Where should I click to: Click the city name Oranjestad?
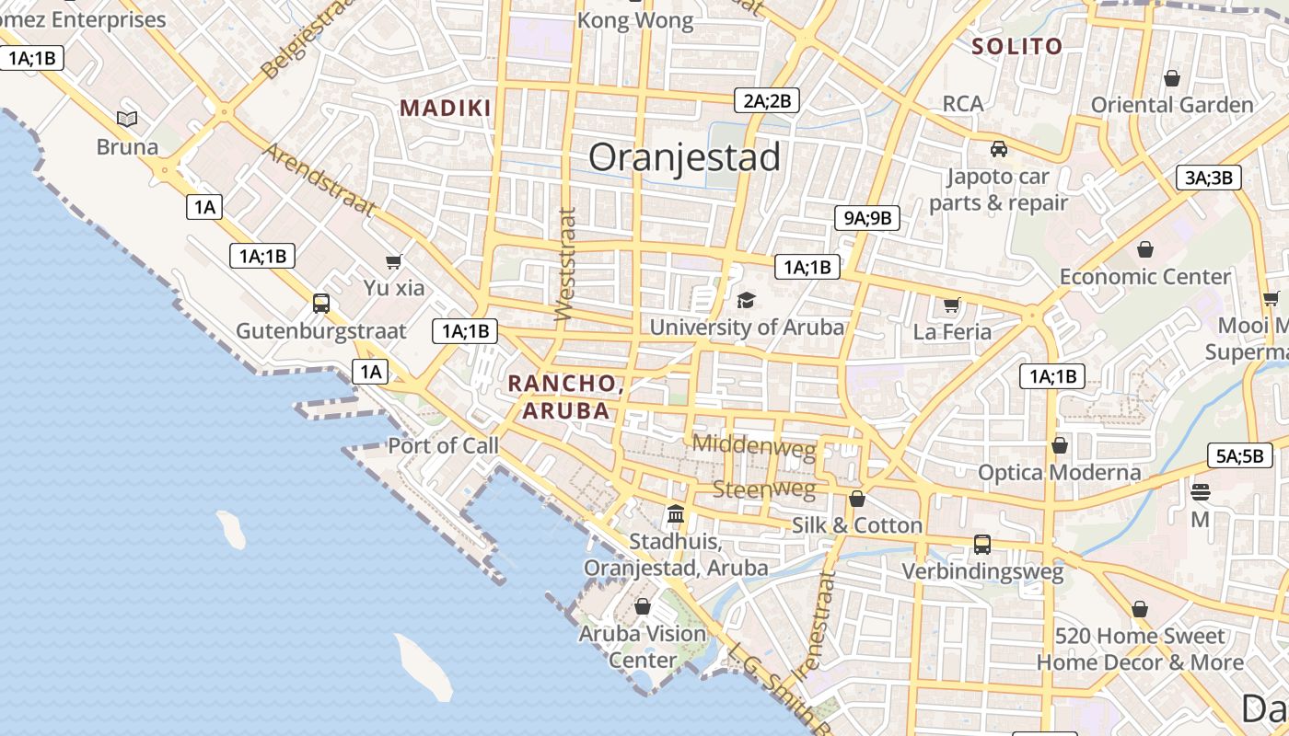coord(684,157)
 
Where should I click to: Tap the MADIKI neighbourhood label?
coord(446,109)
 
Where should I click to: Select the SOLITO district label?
coord(1016,46)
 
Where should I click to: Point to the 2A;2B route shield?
coord(766,100)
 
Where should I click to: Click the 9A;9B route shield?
coord(866,218)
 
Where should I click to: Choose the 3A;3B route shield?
coord(1208,178)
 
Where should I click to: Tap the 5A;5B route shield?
coord(1239,455)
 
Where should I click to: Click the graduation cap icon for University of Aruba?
coord(746,301)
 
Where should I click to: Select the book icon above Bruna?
coord(127,119)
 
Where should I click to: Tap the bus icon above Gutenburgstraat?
coord(320,303)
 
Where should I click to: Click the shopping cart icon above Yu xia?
coord(394,261)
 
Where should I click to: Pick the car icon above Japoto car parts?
coord(998,148)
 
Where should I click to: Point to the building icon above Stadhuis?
coord(676,513)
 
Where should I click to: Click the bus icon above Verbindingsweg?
coord(982,544)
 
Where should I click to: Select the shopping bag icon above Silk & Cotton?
coord(857,499)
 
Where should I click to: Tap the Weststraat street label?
coord(565,265)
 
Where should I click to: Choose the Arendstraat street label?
coord(319,178)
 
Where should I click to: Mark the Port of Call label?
coord(443,446)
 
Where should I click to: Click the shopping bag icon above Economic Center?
coord(1145,249)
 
